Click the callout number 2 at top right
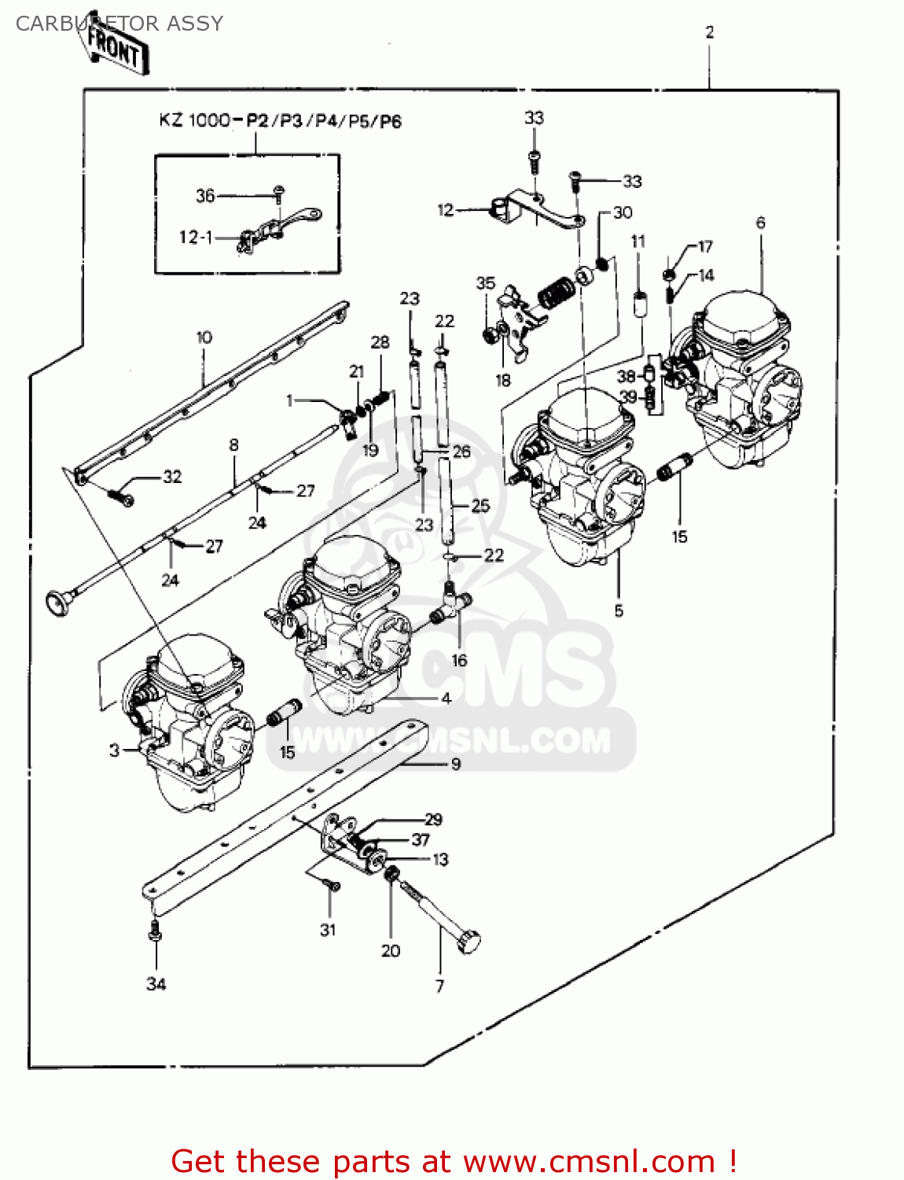click(x=709, y=32)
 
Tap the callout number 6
click(x=760, y=223)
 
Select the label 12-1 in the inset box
click(x=195, y=237)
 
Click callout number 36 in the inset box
click(x=205, y=195)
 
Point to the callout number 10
click(x=204, y=337)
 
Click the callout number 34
click(x=156, y=983)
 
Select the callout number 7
click(x=439, y=986)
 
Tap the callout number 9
click(x=455, y=763)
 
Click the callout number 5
click(x=619, y=610)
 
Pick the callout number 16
click(x=459, y=660)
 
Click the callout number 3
click(x=115, y=750)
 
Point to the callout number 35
click(x=485, y=282)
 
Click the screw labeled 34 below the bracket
click(x=155, y=931)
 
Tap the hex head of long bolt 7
click(x=469, y=941)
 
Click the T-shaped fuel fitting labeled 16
click(x=454, y=604)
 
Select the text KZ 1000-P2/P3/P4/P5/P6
click(x=281, y=121)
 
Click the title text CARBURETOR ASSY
click(x=119, y=24)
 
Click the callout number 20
click(x=391, y=950)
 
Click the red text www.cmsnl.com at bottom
click(x=589, y=1161)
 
